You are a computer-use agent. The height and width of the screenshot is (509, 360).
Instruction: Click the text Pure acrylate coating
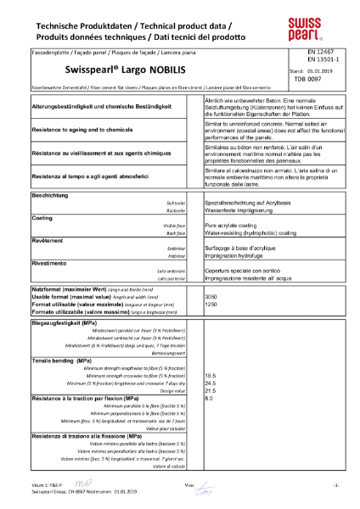coord(233,226)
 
